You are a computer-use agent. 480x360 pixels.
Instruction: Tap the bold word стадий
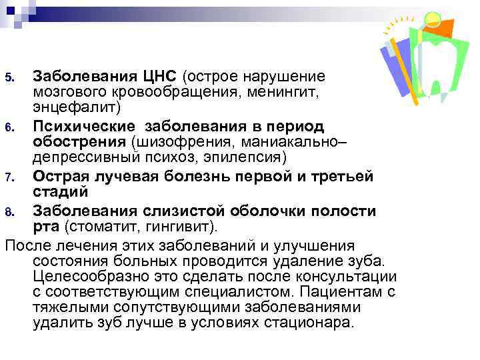[57, 193]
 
